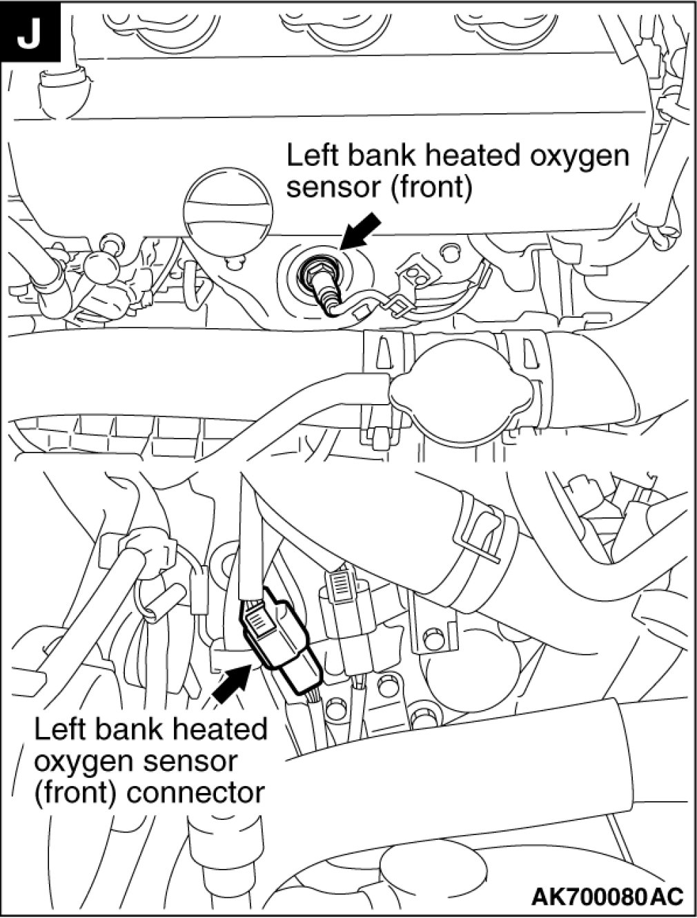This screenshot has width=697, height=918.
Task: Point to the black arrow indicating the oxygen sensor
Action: [x=360, y=230]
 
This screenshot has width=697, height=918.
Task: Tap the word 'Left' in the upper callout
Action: [x=311, y=156]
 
